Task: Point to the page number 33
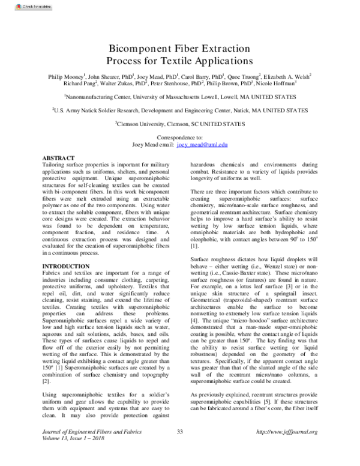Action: click(179, 449)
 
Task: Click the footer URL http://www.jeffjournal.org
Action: click(286, 449)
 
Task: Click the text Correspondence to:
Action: click(179, 138)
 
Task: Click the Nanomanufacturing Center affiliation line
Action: click(179, 97)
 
